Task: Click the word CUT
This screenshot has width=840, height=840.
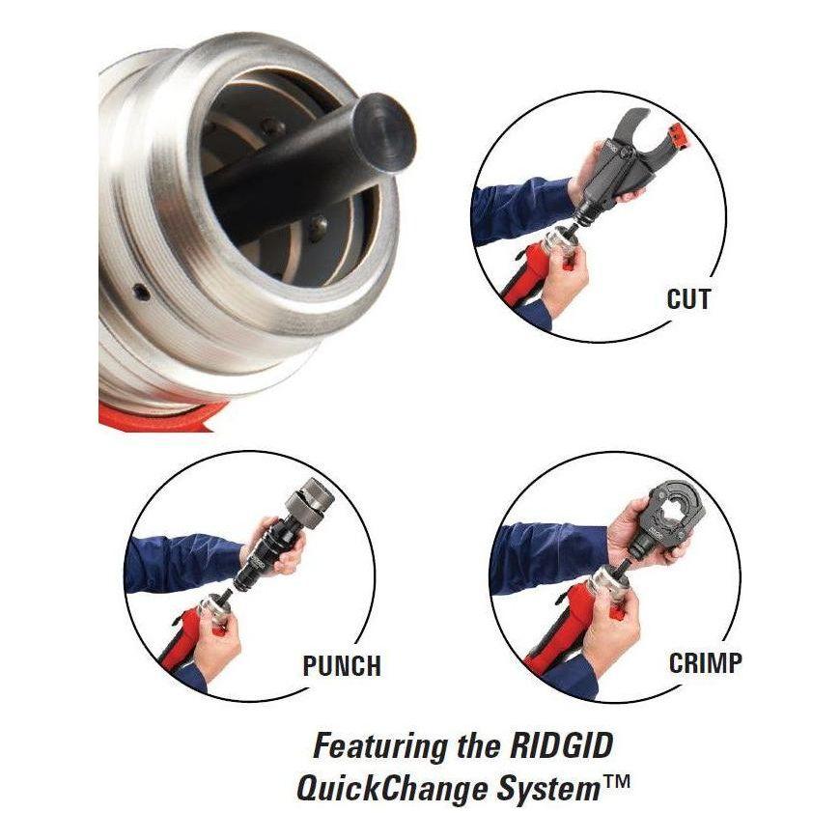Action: pos(688,299)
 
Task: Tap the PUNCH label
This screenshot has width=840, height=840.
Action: pos(342,665)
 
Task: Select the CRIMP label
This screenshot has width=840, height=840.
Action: pos(705,662)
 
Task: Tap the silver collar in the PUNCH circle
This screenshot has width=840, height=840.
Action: pos(214,607)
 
